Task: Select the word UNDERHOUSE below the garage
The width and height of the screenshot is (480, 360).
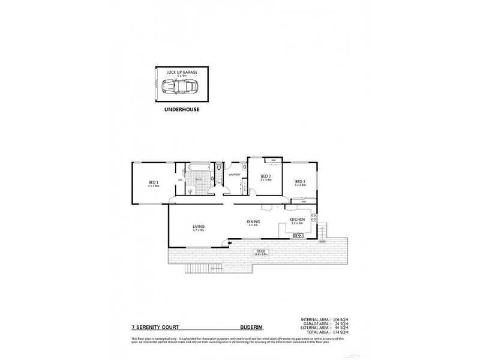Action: (182, 111)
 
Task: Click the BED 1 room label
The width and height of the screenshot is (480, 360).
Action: (153, 182)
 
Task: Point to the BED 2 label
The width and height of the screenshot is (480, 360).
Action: (266, 176)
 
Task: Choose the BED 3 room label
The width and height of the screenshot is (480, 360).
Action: (300, 182)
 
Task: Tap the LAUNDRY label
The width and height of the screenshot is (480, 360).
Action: (235, 175)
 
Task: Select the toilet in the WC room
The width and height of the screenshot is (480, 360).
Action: (219, 167)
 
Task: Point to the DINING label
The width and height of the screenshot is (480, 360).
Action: (253, 222)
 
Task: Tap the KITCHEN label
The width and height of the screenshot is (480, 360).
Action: (298, 220)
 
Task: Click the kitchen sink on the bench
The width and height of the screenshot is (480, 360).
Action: (296, 235)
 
